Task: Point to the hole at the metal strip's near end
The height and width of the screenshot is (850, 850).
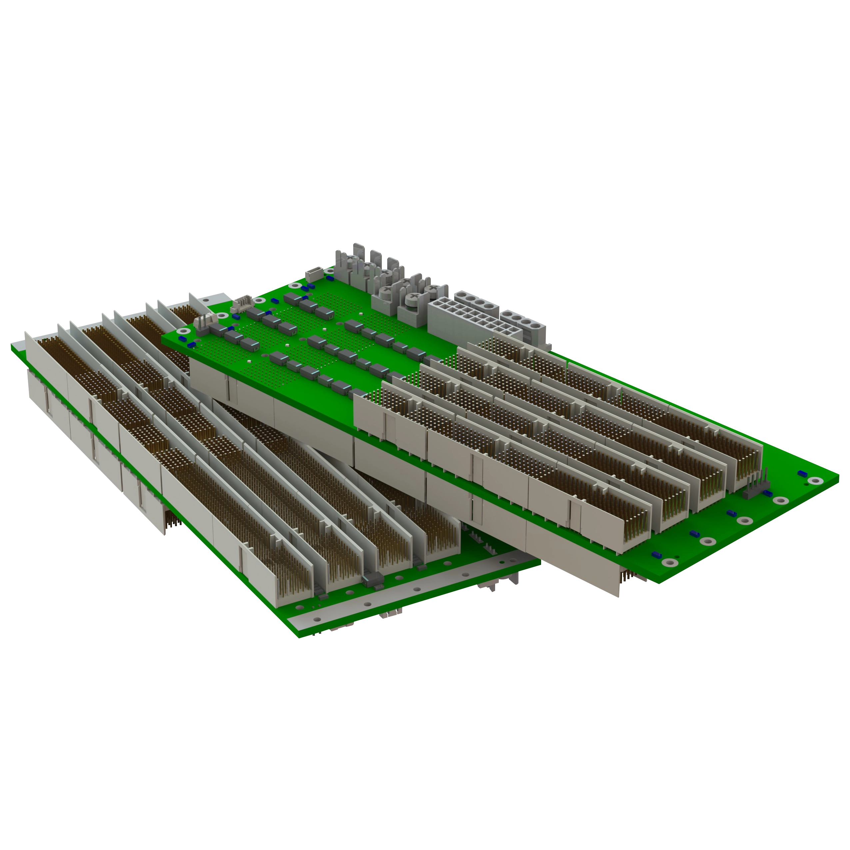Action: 316,619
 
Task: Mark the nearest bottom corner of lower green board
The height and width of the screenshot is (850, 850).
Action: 298,637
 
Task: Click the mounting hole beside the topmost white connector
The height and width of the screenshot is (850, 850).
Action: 328,272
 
